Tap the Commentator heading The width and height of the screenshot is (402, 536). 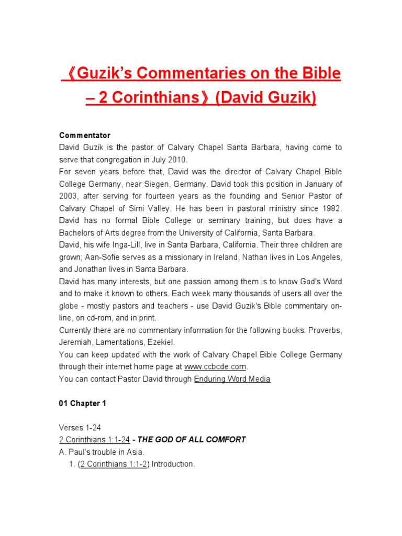click(x=84, y=136)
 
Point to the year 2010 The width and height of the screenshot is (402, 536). click(x=174, y=160)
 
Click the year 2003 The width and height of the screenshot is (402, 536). click(x=70, y=196)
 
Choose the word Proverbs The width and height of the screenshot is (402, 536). click(x=325, y=330)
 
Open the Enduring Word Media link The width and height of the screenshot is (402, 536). click(x=232, y=379)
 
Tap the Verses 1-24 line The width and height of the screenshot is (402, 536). click(x=80, y=428)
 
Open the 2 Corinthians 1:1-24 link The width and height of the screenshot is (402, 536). click(x=94, y=440)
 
